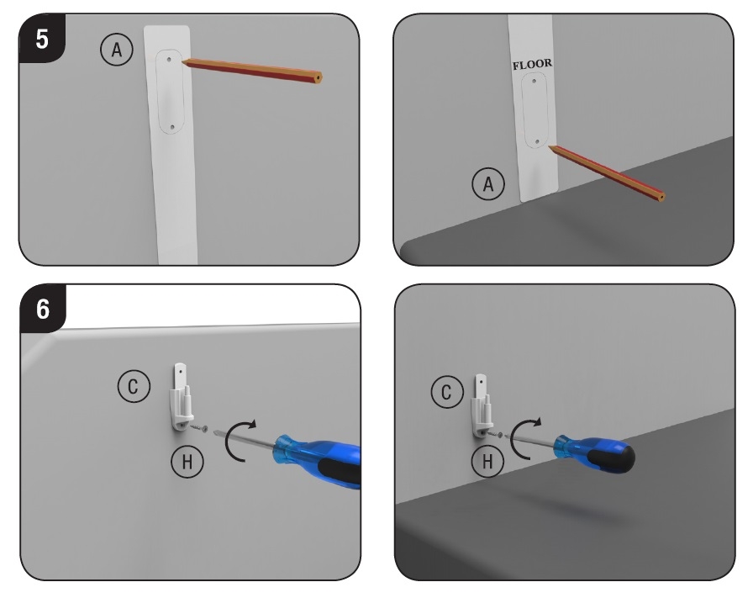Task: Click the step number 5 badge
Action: [x=42, y=39]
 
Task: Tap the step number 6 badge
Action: [x=43, y=309]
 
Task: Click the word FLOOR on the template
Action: [x=532, y=65]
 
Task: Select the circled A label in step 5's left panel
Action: [x=117, y=50]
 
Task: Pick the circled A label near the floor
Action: [x=488, y=183]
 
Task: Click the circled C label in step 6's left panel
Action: [x=134, y=386]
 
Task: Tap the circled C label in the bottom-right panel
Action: [x=447, y=392]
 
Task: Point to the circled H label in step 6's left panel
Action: [x=187, y=462]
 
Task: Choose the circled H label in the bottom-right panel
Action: [x=487, y=462]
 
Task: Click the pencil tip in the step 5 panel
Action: [x=183, y=61]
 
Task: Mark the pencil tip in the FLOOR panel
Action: [x=550, y=146]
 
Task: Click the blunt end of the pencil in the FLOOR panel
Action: [x=661, y=197]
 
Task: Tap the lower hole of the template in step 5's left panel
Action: [x=173, y=127]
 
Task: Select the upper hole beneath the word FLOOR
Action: [x=534, y=81]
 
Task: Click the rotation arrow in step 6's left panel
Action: [x=229, y=440]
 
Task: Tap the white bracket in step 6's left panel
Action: [x=182, y=397]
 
